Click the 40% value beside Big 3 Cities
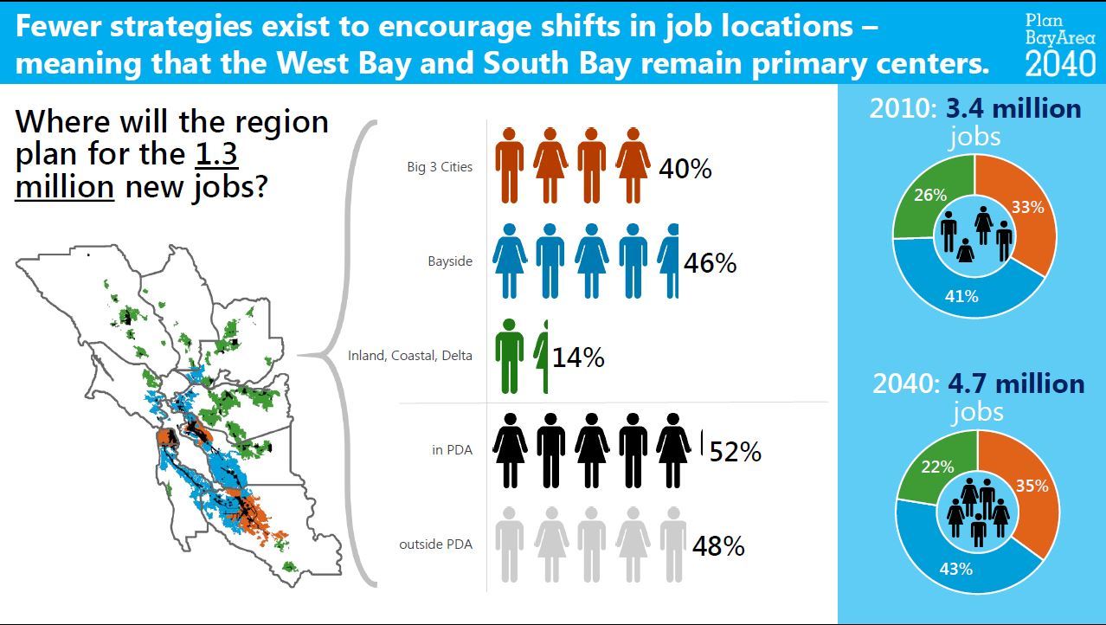(685, 169)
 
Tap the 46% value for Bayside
(710, 263)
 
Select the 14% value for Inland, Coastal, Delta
(578, 358)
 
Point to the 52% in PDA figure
(736, 452)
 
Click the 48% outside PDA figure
(718, 546)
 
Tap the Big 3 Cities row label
(440, 167)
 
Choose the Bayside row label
(450, 261)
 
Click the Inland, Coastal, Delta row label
(410, 356)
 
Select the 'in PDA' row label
(452, 450)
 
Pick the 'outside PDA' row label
(435, 544)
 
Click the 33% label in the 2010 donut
(1028, 207)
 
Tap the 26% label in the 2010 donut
(930, 195)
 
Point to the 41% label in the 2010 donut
(961, 296)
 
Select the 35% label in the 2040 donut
(1032, 486)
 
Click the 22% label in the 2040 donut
(937, 467)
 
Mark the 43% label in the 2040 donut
(956, 570)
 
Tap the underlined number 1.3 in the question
(216, 154)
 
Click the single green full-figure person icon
(509, 357)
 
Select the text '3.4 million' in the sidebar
(1013, 109)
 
